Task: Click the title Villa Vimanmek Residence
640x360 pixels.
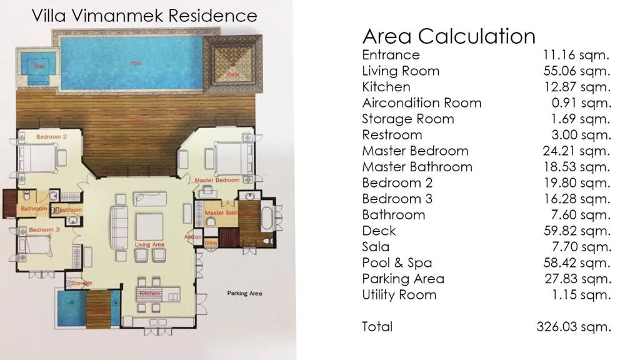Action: tap(144, 15)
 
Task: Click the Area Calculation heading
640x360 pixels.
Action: tap(449, 36)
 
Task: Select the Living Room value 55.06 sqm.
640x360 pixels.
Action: tap(576, 71)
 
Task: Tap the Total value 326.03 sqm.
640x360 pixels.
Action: tap(573, 326)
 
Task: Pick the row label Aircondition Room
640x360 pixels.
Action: tap(421, 102)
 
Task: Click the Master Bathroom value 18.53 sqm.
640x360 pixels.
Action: tap(576, 167)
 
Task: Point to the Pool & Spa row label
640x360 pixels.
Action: tap(397, 262)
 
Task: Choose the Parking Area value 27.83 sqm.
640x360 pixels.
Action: tap(576, 279)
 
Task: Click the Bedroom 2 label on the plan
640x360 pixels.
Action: tap(51, 136)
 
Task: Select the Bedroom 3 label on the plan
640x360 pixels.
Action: tap(44, 230)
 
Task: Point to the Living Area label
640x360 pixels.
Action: tap(150, 244)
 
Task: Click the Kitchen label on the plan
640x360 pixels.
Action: tap(150, 293)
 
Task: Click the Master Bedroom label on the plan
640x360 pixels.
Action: tap(217, 180)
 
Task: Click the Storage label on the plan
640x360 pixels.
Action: tap(81, 283)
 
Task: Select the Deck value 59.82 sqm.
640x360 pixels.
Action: tap(576, 231)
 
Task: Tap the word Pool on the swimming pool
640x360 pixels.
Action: tap(136, 63)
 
